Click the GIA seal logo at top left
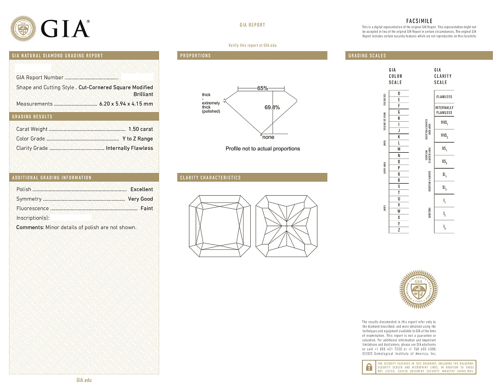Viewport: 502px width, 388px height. click(23, 28)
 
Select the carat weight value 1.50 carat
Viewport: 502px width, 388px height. click(141, 129)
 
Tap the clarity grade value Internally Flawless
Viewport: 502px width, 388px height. click(129, 148)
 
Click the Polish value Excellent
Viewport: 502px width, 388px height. click(142, 189)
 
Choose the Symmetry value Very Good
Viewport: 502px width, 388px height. click(140, 199)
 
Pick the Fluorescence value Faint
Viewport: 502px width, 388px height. click(146, 208)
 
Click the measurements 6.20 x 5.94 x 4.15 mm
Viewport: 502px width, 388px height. click(126, 104)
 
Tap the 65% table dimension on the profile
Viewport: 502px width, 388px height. click(262, 88)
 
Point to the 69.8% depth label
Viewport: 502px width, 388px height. click(272, 107)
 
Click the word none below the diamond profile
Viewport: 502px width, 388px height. click(268, 137)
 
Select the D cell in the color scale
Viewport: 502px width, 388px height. click(399, 93)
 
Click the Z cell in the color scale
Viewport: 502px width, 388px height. click(399, 230)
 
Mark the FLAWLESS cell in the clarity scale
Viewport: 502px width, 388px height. click(444, 97)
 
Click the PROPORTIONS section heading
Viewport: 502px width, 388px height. click(196, 56)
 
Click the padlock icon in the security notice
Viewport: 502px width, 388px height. click(369, 367)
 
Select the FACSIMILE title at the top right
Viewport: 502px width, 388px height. click(419, 21)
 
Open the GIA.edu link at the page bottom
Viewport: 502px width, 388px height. click(84, 380)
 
